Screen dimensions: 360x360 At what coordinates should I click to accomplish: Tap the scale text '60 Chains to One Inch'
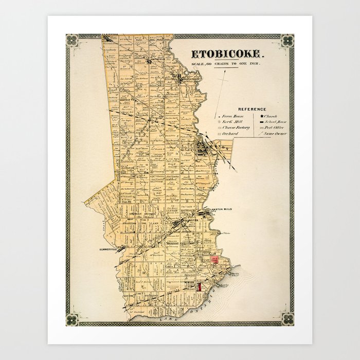pyautogui.click(x=227, y=63)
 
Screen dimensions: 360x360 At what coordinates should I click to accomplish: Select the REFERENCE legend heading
pyautogui.click(x=251, y=109)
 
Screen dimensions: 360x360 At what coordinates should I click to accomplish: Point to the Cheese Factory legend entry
pyautogui.click(x=235, y=128)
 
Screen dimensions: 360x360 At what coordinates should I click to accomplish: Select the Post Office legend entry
pyautogui.click(x=273, y=128)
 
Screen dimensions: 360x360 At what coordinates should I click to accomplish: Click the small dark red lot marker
pyautogui.click(x=199, y=286)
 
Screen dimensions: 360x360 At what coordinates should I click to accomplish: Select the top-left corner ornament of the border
pyautogui.click(x=73, y=41)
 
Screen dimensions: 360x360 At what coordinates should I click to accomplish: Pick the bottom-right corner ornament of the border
pyautogui.click(x=287, y=319)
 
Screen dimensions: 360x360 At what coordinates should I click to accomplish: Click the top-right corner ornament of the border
pyautogui.click(x=287, y=41)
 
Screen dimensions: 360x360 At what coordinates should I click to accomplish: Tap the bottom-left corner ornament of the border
pyautogui.click(x=73, y=319)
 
